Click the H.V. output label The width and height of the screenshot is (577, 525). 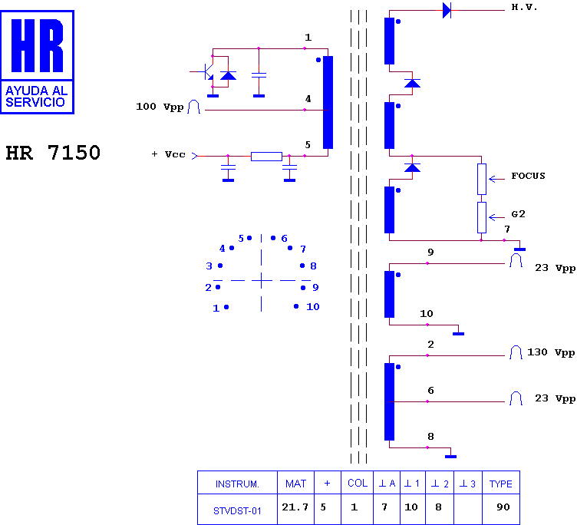pyautogui.click(x=524, y=7)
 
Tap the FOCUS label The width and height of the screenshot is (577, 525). pyautogui.click(x=528, y=176)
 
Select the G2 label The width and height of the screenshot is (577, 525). pyautogui.click(x=518, y=214)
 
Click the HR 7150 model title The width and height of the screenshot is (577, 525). pyautogui.click(x=53, y=153)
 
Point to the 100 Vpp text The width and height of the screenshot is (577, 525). pyautogui.click(x=160, y=107)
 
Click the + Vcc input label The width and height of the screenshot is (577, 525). pyautogui.click(x=168, y=154)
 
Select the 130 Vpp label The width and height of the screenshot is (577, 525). pyautogui.click(x=551, y=353)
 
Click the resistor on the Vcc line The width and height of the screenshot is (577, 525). pyautogui.click(x=266, y=157)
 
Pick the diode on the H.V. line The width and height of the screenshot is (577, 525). pyautogui.click(x=447, y=10)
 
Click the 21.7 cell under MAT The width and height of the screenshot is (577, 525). pyautogui.click(x=295, y=507)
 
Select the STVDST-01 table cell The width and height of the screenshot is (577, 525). pyautogui.click(x=237, y=511)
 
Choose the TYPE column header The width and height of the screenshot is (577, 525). pyautogui.click(x=500, y=484)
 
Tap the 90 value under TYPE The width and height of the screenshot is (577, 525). pyautogui.click(x=503, y=507)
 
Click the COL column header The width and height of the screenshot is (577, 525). pyautogui.click(x=358, y=483)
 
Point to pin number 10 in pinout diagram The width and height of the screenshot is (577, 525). pyautogui.click(x=313, y=307)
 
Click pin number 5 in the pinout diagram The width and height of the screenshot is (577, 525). pyautogui.click(x=241, y=239)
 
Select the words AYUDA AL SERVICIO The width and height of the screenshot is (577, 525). pyautogui.click(x=36, y=97)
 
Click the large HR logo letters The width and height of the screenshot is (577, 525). pyautogui.click(x=37, y=45)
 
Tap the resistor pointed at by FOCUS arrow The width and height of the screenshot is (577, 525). pyautogui.click(x=482, y=180)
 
